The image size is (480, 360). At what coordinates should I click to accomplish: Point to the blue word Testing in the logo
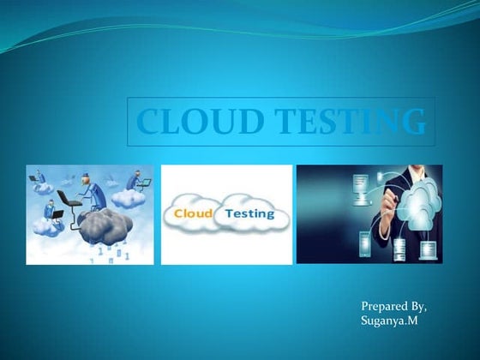tap(250, 212)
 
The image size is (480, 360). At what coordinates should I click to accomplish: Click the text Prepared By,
tap(393, 306)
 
